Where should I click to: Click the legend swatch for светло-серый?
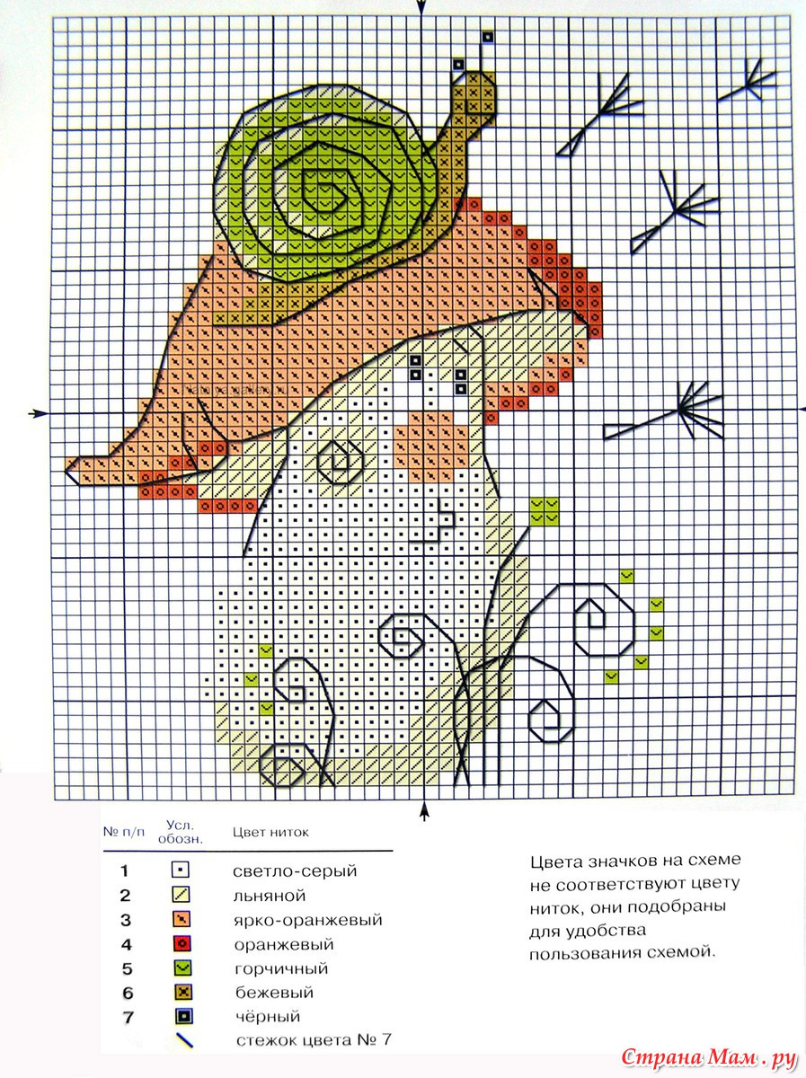181,870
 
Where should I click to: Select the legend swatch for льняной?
181,895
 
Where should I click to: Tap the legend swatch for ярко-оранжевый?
182,919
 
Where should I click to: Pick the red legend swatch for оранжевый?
182,944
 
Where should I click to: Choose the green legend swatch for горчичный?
182,968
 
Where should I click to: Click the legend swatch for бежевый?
183,993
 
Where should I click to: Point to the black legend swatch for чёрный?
183,1017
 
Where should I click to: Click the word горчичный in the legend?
281,969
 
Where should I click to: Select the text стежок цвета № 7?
314,1040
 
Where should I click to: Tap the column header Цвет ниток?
270,833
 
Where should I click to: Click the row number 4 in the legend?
127,944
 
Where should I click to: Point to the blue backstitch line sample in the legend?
185,1040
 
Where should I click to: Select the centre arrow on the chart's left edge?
39,413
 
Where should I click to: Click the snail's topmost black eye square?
488,36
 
